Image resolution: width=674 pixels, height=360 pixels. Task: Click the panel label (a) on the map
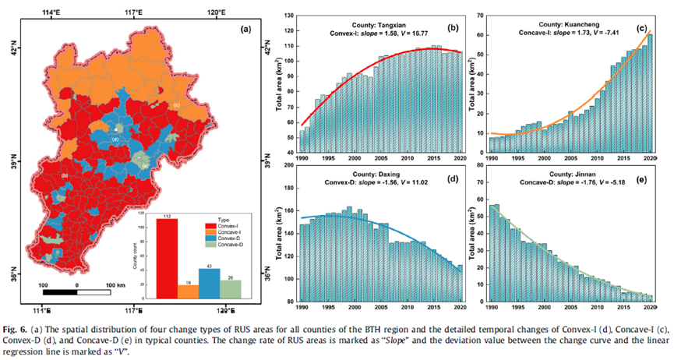pos(245,29)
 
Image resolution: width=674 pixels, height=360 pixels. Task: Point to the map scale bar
pos(76,292)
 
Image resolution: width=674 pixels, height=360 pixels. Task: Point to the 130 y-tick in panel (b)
pos(287,15)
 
